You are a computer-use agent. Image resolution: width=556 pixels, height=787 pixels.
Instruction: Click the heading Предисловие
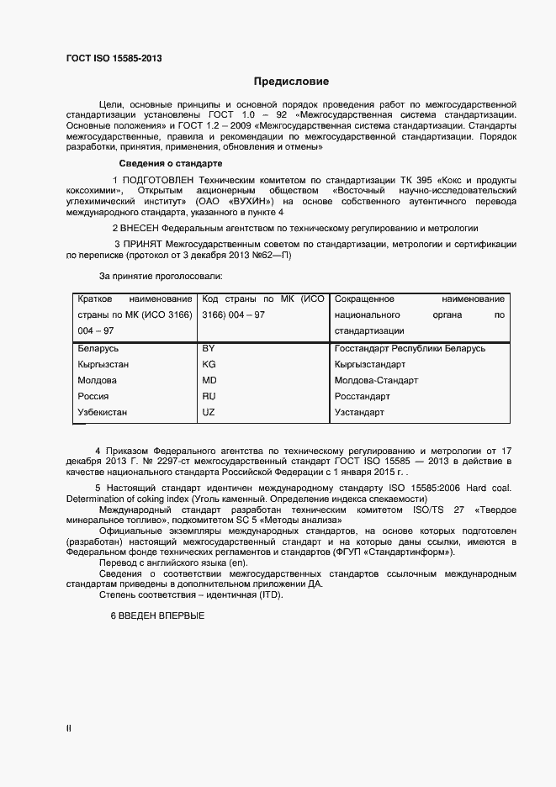(x=292, y=82)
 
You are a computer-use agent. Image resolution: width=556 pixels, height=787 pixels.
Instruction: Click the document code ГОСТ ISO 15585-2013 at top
(x=114, y=58)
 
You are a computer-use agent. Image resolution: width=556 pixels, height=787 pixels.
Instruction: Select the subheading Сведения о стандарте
(x=171, y=163)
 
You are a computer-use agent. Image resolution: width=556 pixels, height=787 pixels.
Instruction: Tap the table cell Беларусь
(x=98, y=348)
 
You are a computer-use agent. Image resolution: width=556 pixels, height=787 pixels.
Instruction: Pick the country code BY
(x=209, y=348)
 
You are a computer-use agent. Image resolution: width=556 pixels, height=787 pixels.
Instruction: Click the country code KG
(x=209, y=364)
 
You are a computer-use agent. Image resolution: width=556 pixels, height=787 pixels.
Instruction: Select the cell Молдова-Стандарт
(x=376, y=380)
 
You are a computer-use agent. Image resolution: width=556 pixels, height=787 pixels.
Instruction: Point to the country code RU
(x=209, y=396)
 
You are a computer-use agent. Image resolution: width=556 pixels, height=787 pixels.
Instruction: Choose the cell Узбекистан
(x=103, y=412)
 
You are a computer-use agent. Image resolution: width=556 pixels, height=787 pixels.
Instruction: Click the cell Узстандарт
(x=359, y=412)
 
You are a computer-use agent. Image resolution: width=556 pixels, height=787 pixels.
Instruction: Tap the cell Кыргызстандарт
(x=370, y=364)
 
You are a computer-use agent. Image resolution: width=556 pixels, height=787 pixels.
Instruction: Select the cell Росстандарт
(x=363, y=396)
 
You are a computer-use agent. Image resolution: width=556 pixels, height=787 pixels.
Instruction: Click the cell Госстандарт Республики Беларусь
(x=410, y=348)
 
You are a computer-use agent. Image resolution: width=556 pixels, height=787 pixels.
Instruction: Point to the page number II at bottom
(x=68, y=730)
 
